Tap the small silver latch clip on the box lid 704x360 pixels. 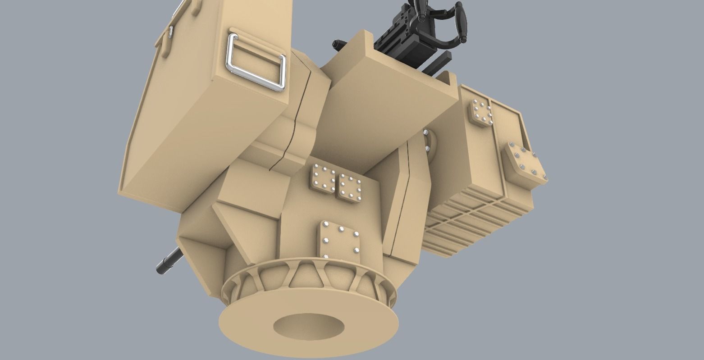(x=171, y=32)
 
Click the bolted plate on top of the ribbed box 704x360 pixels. (x=481, y=113)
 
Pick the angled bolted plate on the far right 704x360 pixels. (x=526, y=164)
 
